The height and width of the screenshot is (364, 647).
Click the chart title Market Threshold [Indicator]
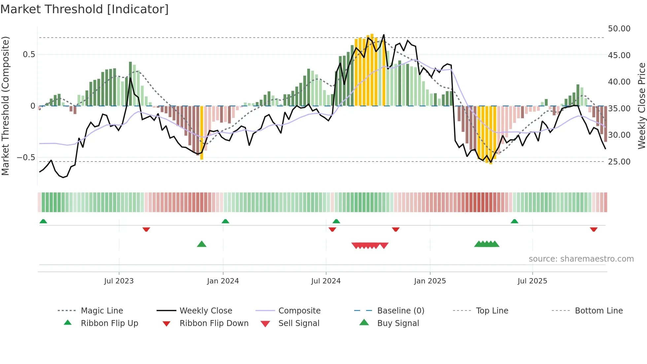[85, 9]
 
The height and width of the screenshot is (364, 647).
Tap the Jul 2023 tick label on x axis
[119, 281]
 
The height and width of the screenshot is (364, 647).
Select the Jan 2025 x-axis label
[430, 281]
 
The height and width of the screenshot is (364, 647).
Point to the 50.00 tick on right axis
[619, 29]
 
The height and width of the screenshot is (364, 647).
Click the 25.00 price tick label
[619, 162]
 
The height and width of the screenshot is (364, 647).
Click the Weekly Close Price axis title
[641, 106]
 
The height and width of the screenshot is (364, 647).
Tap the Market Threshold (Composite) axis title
[5, 106]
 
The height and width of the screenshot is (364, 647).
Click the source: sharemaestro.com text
[581, 259]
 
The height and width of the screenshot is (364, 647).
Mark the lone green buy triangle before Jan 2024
[202, 244]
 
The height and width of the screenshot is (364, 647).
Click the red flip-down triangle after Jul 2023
[146, 229]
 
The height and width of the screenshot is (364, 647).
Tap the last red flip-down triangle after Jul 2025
[594, 229]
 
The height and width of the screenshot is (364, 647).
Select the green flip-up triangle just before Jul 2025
[514, 221]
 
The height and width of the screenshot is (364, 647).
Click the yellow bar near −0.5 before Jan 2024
[202, 132]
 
